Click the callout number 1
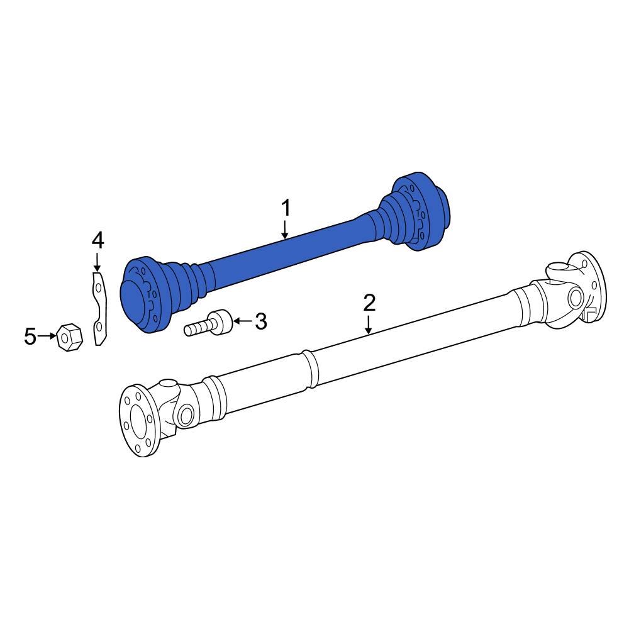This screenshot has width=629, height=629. pos(286,208)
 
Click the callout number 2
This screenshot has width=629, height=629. pos(369,303)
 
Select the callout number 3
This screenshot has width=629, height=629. pos(260,321)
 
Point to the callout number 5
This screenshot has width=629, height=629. pos(30,337)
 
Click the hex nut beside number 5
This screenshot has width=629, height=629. pos(69,338)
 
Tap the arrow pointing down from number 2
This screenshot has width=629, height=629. pos(369,323)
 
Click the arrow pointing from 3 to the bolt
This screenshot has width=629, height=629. pos(241,321)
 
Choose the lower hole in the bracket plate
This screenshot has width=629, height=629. pos(98,327)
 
